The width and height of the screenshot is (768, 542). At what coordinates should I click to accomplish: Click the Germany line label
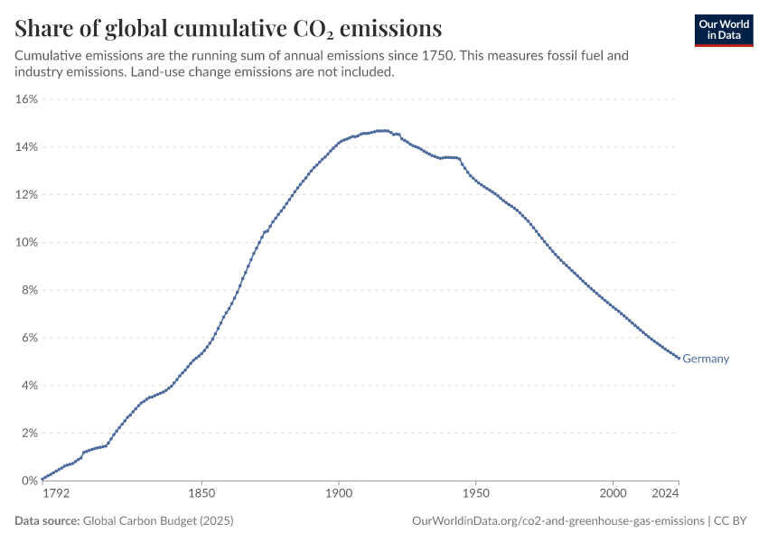706,359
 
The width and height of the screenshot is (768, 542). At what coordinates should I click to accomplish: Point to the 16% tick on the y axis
26,99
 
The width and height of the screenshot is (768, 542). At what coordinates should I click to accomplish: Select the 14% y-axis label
26,147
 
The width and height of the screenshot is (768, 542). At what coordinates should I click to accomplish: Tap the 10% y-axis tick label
26,242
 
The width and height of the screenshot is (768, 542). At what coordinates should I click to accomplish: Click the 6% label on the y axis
29,338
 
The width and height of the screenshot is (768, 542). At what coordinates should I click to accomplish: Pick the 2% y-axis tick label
29,434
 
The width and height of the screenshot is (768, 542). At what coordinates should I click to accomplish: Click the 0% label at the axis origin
29,481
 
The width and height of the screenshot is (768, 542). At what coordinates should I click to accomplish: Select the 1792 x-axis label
56,493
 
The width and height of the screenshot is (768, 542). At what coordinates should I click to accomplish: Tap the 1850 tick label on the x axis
201,493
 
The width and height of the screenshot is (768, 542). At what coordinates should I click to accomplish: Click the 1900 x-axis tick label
339,493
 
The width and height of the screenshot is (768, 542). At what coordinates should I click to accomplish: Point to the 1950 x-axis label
476,493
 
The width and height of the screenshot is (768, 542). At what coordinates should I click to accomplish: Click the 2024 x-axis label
664,493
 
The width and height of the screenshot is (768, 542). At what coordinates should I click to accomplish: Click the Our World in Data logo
724,30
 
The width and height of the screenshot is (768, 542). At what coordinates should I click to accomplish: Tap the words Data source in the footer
47,521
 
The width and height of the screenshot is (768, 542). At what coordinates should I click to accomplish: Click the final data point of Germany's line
679,359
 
